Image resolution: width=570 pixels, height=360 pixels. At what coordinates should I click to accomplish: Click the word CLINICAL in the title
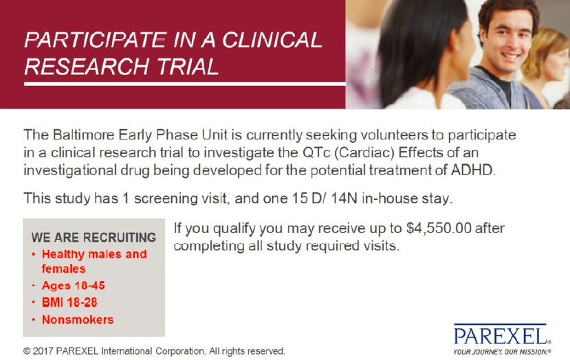click(272, 40)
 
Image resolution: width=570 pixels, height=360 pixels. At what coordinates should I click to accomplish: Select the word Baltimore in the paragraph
click(84, 135)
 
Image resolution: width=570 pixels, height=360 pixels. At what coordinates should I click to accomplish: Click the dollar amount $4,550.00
click(439, 229)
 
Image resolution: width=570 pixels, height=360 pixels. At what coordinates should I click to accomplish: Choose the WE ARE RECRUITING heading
click(94, 237)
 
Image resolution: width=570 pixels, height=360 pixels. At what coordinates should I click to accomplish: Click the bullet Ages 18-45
click(74, 286)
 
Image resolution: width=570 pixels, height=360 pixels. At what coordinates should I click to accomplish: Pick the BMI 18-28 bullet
click(69, 302)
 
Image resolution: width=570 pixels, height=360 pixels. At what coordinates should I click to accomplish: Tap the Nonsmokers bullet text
click(78, 319)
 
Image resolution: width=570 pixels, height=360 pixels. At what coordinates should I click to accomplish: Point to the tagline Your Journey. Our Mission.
click(502, 352)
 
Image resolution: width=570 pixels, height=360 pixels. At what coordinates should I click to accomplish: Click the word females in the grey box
click(64, 269)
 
